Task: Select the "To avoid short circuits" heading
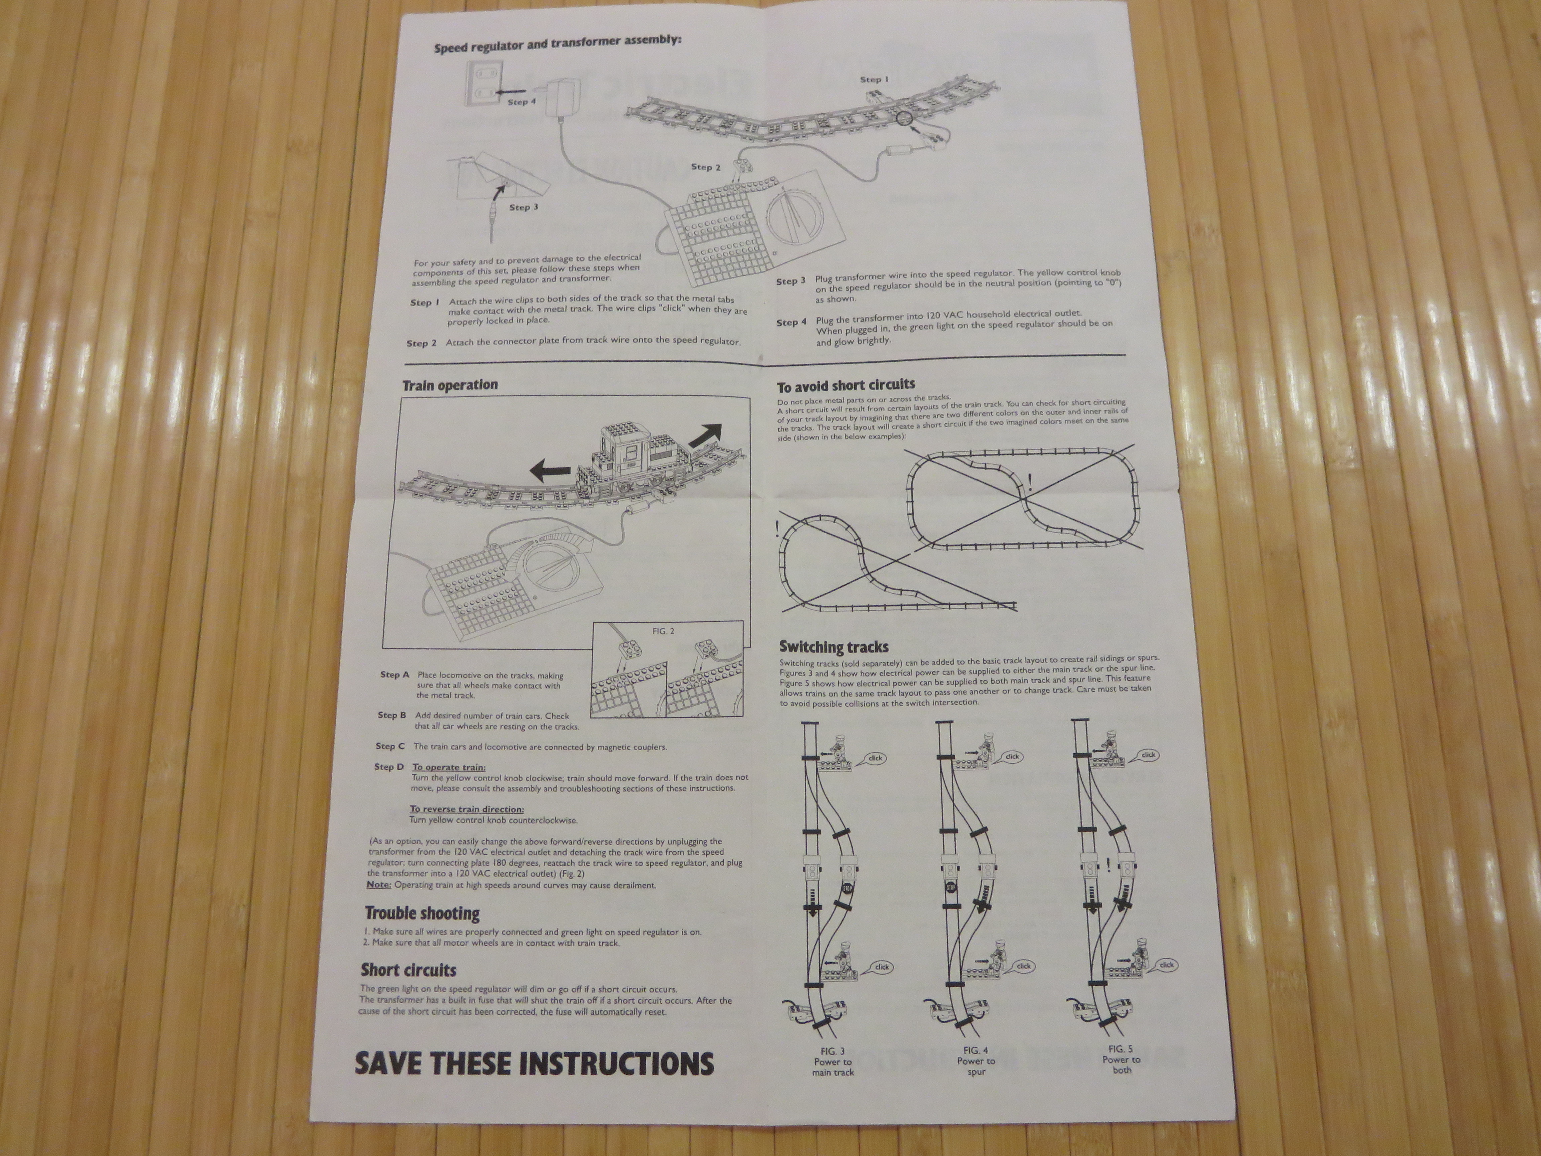846,385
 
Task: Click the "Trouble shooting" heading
422,913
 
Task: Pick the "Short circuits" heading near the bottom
408,970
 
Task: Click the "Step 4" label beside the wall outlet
522,102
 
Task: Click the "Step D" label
389,767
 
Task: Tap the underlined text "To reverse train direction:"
467,809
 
